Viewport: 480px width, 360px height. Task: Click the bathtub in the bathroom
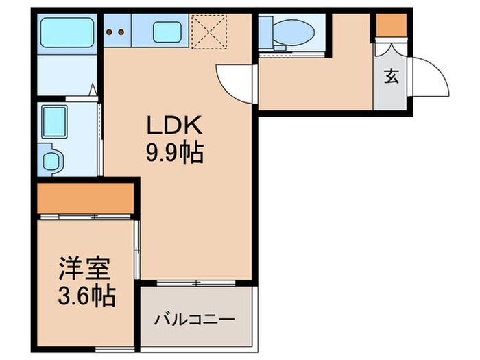(66, 33)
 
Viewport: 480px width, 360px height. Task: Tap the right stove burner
(121, 31)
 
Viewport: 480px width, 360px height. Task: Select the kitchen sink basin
(167, 32)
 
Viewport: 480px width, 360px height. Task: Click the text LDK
(173, 128)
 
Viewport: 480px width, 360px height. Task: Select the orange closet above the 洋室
(85, 198)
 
